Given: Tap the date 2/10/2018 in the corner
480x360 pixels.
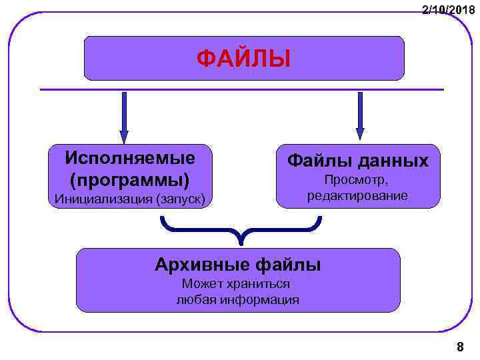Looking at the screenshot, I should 449,10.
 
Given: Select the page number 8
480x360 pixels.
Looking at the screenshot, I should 460,347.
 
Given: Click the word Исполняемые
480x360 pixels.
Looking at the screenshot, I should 131,158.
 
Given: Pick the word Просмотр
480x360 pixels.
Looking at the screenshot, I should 357,181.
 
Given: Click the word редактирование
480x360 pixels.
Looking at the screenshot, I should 357,196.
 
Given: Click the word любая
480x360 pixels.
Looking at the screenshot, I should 193,300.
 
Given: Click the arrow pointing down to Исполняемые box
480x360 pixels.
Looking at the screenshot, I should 123,117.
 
